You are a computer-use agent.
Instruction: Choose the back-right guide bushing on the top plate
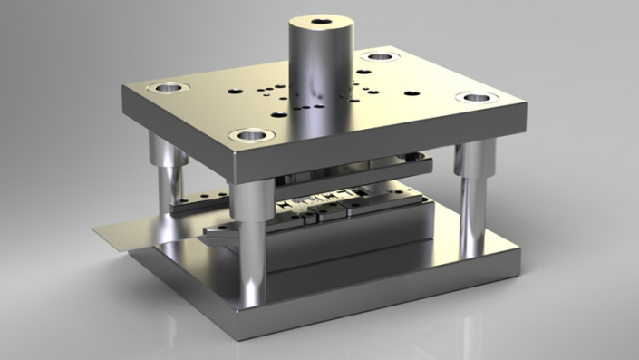point(379,57)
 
